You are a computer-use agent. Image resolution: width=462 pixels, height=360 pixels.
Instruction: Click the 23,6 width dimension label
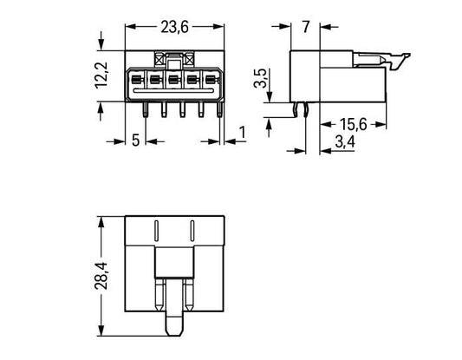coord(174,28)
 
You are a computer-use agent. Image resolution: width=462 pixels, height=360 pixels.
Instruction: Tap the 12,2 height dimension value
coord(101,75)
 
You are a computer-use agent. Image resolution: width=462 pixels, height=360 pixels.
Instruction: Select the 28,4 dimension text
coord(101,275)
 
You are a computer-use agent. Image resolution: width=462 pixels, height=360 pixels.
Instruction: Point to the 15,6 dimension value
coord(354,124)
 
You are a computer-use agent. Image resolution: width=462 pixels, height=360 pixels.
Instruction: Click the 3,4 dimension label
coord(345,142)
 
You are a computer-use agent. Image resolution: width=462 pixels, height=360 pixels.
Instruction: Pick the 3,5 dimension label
coord(260,78)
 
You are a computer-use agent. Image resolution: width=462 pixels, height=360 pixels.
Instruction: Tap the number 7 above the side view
coord(306,27)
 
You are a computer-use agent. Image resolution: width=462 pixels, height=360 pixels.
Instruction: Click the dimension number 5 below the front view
coord(135,140)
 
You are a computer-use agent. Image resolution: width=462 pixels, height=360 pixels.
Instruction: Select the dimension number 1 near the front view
coord(242,133)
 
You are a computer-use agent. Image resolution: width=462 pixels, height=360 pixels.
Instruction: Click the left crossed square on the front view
coord(159,60)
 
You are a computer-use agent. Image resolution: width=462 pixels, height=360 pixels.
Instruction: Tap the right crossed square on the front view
coord(189,60)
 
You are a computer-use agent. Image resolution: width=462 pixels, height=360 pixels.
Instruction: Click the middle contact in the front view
coord(173,80)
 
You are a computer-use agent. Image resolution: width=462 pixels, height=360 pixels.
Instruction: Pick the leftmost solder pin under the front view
coord(146,109)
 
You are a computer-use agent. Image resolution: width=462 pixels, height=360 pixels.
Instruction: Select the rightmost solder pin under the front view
coord(220,109)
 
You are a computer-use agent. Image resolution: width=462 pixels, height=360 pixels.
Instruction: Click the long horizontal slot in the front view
coord(173,90)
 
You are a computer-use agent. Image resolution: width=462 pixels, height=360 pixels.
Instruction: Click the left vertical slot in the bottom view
coord(156,231)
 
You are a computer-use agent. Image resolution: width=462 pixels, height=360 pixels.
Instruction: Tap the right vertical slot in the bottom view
coord(192,231)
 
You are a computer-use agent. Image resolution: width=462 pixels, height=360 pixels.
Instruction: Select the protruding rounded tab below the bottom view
coord(174,324)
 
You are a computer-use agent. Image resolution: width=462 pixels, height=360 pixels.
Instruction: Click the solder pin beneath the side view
coord(306,109)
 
